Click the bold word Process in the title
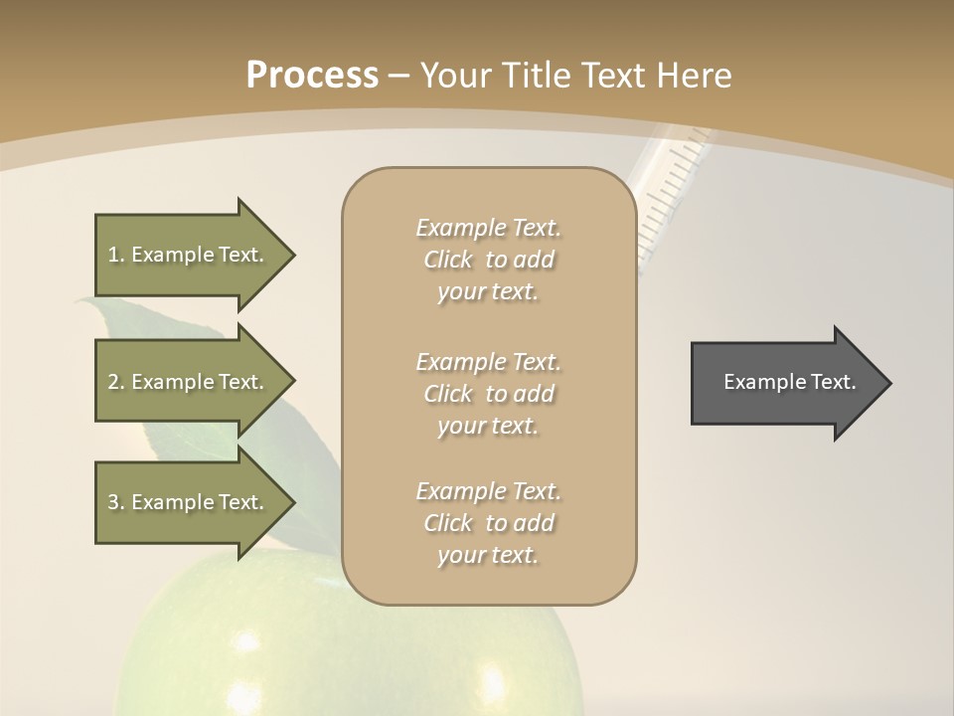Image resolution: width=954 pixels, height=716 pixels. [x=312, y=76]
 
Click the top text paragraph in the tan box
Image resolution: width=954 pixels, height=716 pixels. [x=488, y=260]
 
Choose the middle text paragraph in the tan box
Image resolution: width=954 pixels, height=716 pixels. [x=488, y=394]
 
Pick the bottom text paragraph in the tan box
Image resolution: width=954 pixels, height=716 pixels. [x=488, y=523]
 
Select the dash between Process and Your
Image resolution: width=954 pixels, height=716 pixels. [x=398, y=76]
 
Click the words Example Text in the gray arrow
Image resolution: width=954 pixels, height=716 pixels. [x=790, y=382]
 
